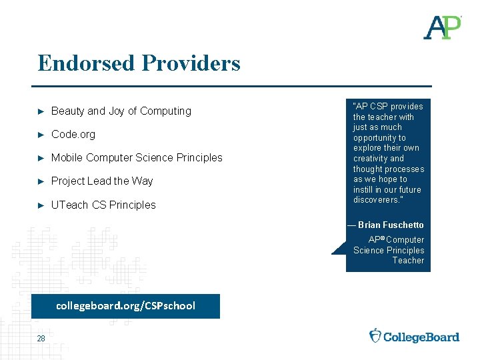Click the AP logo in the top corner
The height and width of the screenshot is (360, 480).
tap(442, 27)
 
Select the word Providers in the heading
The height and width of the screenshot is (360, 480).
tap(191, 63)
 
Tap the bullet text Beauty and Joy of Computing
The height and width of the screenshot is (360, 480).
tap(121, 111)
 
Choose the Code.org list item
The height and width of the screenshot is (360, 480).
tap(73, 135)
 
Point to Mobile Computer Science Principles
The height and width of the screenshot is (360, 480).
tap(137, 158)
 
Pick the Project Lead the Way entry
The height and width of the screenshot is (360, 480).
tap(102, 181)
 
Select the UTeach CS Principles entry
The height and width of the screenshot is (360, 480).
tap(103, 205)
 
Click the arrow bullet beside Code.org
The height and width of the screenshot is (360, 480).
tap(41, 135)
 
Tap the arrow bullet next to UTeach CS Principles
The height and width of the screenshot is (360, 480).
tap(41, 205)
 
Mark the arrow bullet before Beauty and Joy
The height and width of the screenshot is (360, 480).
tap(41, 111)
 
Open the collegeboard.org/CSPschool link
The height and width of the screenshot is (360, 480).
tap(125, 306)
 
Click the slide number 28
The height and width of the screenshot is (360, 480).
tap(41, 339)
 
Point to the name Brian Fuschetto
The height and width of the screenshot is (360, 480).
tap(391, 225)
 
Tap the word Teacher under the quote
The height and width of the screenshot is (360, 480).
tap(408, 261)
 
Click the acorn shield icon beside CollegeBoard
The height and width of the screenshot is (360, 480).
tap(376, 335)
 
